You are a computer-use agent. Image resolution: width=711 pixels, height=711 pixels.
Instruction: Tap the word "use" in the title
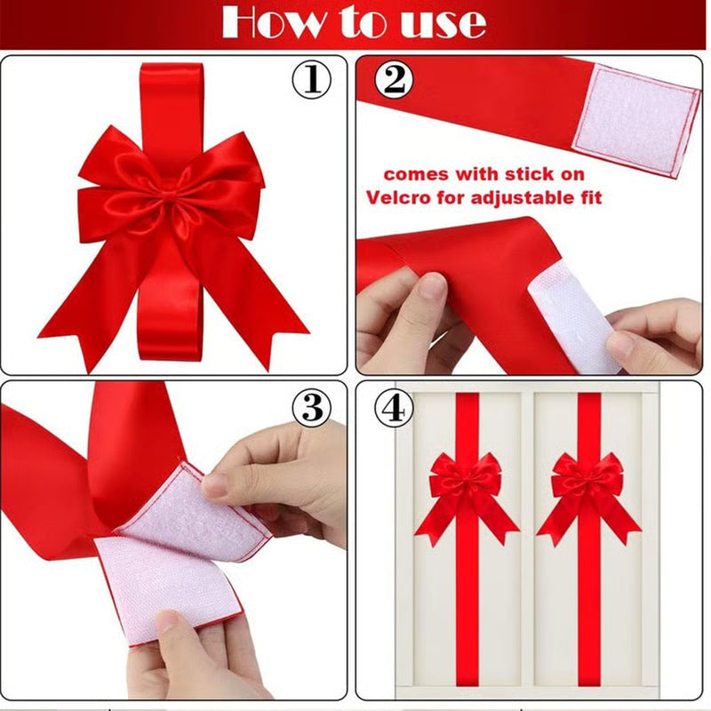[x=442, y=22]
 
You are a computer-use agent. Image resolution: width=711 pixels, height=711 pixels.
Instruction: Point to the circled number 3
[x=311, y=408]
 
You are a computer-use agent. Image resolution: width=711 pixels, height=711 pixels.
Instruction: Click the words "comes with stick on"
[x=484, y=175]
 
